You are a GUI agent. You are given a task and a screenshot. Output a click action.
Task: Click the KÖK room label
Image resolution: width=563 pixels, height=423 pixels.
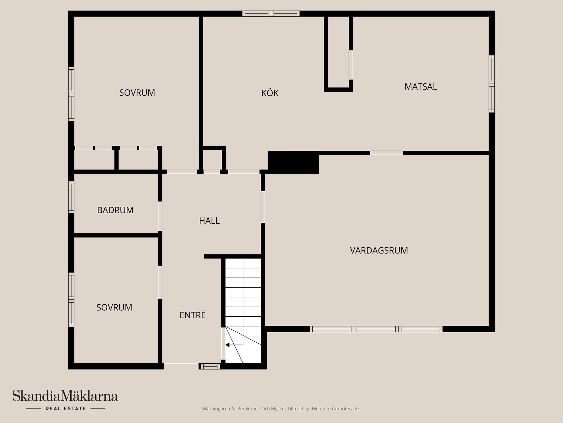tap(270, 93)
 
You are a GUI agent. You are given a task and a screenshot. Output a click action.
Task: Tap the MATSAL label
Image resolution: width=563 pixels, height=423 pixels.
tap(420, 87)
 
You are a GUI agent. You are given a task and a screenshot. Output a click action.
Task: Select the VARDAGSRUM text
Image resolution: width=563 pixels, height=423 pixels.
tap(379, 251)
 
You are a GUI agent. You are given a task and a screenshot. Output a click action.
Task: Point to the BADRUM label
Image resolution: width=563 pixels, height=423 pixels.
tap(115, 210)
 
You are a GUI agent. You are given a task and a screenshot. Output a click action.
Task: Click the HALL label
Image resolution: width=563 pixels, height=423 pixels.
tap(209, 221)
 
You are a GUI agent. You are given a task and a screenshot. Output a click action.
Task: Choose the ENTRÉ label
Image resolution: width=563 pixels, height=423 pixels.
tap(192, 315)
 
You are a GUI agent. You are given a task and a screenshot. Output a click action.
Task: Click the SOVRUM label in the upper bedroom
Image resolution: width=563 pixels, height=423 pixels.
tap(137, 93)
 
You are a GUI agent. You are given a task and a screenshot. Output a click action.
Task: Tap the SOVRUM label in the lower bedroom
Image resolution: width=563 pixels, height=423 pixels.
tap(114, 308)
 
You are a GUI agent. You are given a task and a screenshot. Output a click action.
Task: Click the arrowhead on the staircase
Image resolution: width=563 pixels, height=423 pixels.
tap(227, 345)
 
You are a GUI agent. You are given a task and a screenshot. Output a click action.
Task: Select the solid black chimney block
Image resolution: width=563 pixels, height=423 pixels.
tap(293, 162)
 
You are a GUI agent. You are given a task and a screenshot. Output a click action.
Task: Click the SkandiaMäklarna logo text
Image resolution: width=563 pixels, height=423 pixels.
tap(65, 396)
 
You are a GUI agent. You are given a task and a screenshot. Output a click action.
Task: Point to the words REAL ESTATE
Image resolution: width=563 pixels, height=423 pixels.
tap(66, 409)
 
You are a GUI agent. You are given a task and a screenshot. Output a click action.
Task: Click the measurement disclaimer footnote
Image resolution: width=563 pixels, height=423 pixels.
tap(281, 409)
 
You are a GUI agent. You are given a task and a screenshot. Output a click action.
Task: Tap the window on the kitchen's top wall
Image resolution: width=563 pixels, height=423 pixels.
tap(271, 14)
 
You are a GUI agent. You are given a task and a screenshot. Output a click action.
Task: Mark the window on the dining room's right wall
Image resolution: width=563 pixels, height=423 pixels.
tap(492, 84)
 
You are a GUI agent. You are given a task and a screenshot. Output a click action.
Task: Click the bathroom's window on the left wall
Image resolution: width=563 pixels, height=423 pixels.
tap(71, 197)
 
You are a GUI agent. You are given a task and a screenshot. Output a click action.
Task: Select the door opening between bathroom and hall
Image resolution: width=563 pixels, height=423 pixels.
tap(160, 216)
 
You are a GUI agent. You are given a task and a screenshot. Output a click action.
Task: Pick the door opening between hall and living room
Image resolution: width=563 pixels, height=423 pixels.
tap(263, 207)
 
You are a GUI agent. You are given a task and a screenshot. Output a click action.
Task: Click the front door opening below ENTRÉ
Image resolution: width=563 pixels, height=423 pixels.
tap(181, 366)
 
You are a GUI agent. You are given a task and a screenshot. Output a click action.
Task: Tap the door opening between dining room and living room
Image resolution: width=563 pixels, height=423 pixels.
tap(386, 153)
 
